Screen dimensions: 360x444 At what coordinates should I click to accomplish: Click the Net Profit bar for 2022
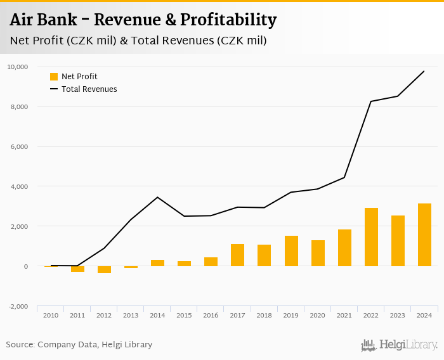tap(371, 237)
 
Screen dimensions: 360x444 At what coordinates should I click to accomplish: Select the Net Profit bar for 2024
tap(424, 235)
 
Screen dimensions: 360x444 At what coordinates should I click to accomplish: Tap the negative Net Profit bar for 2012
tap(104, 270)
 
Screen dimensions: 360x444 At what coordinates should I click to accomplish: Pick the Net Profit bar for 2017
tap(237, 255)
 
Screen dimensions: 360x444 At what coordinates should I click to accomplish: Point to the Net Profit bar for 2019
tap(291, 251)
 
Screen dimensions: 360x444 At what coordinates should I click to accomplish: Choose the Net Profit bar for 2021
tap(344, 248)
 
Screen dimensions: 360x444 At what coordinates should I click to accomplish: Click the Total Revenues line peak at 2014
tap(157, 197)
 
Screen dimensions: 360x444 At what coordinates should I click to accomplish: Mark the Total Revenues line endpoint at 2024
tap(424, 71)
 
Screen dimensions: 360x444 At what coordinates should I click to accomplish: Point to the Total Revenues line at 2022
tap(371, 101)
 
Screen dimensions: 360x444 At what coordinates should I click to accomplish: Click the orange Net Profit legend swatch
tap(54, 77)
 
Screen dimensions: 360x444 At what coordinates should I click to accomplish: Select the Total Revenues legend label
tap(89, 89)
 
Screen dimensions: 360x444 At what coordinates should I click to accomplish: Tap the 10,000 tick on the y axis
tap(17, 67)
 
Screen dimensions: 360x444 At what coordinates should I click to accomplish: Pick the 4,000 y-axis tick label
tap(19, 186)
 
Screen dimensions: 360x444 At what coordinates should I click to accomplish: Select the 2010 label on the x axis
tap(51, 315)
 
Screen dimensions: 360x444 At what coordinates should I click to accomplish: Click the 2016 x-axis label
tap(211, 315)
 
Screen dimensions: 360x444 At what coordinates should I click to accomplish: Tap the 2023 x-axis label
tap(398, 315)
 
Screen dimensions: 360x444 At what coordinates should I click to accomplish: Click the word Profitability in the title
tap(228, 20)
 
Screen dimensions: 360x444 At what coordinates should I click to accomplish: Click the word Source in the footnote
tap(20, 345)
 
